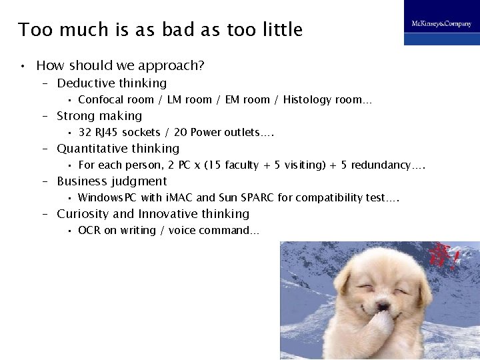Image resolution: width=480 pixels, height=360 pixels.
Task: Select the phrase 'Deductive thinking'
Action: pos(111,83)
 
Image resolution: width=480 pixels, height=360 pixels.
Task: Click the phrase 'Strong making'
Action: pos(99,116)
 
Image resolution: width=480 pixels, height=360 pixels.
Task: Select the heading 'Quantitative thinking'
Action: pos(118,149)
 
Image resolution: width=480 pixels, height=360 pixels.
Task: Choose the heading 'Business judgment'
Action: pos(111,181)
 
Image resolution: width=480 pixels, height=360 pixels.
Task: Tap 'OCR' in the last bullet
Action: pos(89,231)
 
